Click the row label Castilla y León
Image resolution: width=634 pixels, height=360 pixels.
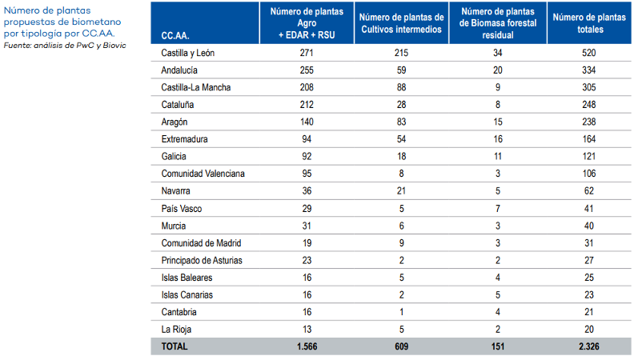coord(188,53)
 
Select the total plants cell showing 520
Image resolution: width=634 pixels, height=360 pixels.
coord(590,53)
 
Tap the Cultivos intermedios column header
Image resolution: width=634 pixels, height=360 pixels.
coord(400,23)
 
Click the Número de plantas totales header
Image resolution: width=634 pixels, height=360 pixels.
coord(590,23)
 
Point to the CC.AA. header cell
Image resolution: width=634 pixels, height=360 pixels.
coord(175,36)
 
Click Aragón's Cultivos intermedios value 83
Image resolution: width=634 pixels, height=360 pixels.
coord(400,122)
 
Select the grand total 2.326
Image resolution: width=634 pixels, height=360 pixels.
coord(590,347)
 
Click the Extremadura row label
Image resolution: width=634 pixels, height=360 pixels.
coord(185,139)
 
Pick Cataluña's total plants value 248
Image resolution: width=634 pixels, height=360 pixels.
coord(590,105)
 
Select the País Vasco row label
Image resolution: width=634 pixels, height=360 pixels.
coord(181,209)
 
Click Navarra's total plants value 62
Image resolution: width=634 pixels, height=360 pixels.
coord(590,191)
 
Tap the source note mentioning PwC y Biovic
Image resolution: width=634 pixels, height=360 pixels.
coord(64,45)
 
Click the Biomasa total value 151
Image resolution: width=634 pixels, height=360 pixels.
coord(499,347)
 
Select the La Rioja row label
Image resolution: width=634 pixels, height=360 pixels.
coord(176,330)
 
